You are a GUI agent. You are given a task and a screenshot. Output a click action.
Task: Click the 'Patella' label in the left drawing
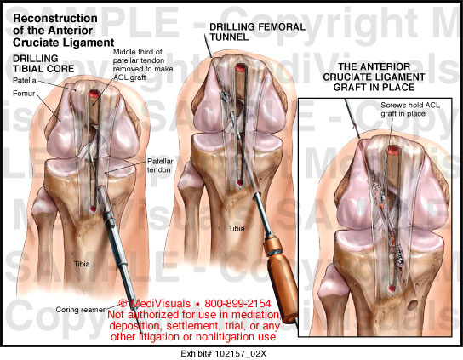point(25,80)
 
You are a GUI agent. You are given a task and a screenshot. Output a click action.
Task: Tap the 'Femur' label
point(24,94)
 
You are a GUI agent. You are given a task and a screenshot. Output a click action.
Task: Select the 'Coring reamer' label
point(80,310)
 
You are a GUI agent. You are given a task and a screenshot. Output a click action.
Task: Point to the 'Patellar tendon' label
point(160,165)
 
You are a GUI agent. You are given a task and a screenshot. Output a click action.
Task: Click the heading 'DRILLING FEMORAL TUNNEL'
point(257,31)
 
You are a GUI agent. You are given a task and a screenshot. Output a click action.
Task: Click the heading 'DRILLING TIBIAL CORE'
point(43,64)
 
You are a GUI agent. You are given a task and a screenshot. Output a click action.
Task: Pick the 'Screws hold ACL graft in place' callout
point(410,109)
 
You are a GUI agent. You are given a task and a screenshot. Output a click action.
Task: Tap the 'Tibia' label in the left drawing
point(82,264)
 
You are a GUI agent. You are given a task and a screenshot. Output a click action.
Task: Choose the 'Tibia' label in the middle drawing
point(237,229)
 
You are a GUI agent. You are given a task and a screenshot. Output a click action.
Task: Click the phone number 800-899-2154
point(237,303)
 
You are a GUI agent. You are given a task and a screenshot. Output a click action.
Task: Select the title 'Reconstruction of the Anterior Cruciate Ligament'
point(64,31)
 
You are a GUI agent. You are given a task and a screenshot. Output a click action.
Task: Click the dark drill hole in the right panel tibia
point(413,304)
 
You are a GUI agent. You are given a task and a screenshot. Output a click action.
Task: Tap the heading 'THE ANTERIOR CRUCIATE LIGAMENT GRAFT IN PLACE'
point(374,77)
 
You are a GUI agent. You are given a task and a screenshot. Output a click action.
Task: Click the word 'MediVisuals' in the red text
point(161,303)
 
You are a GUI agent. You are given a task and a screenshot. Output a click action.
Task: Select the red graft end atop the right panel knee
point(393,151)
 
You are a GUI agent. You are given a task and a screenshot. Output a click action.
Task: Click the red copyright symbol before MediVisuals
point(123,303)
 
